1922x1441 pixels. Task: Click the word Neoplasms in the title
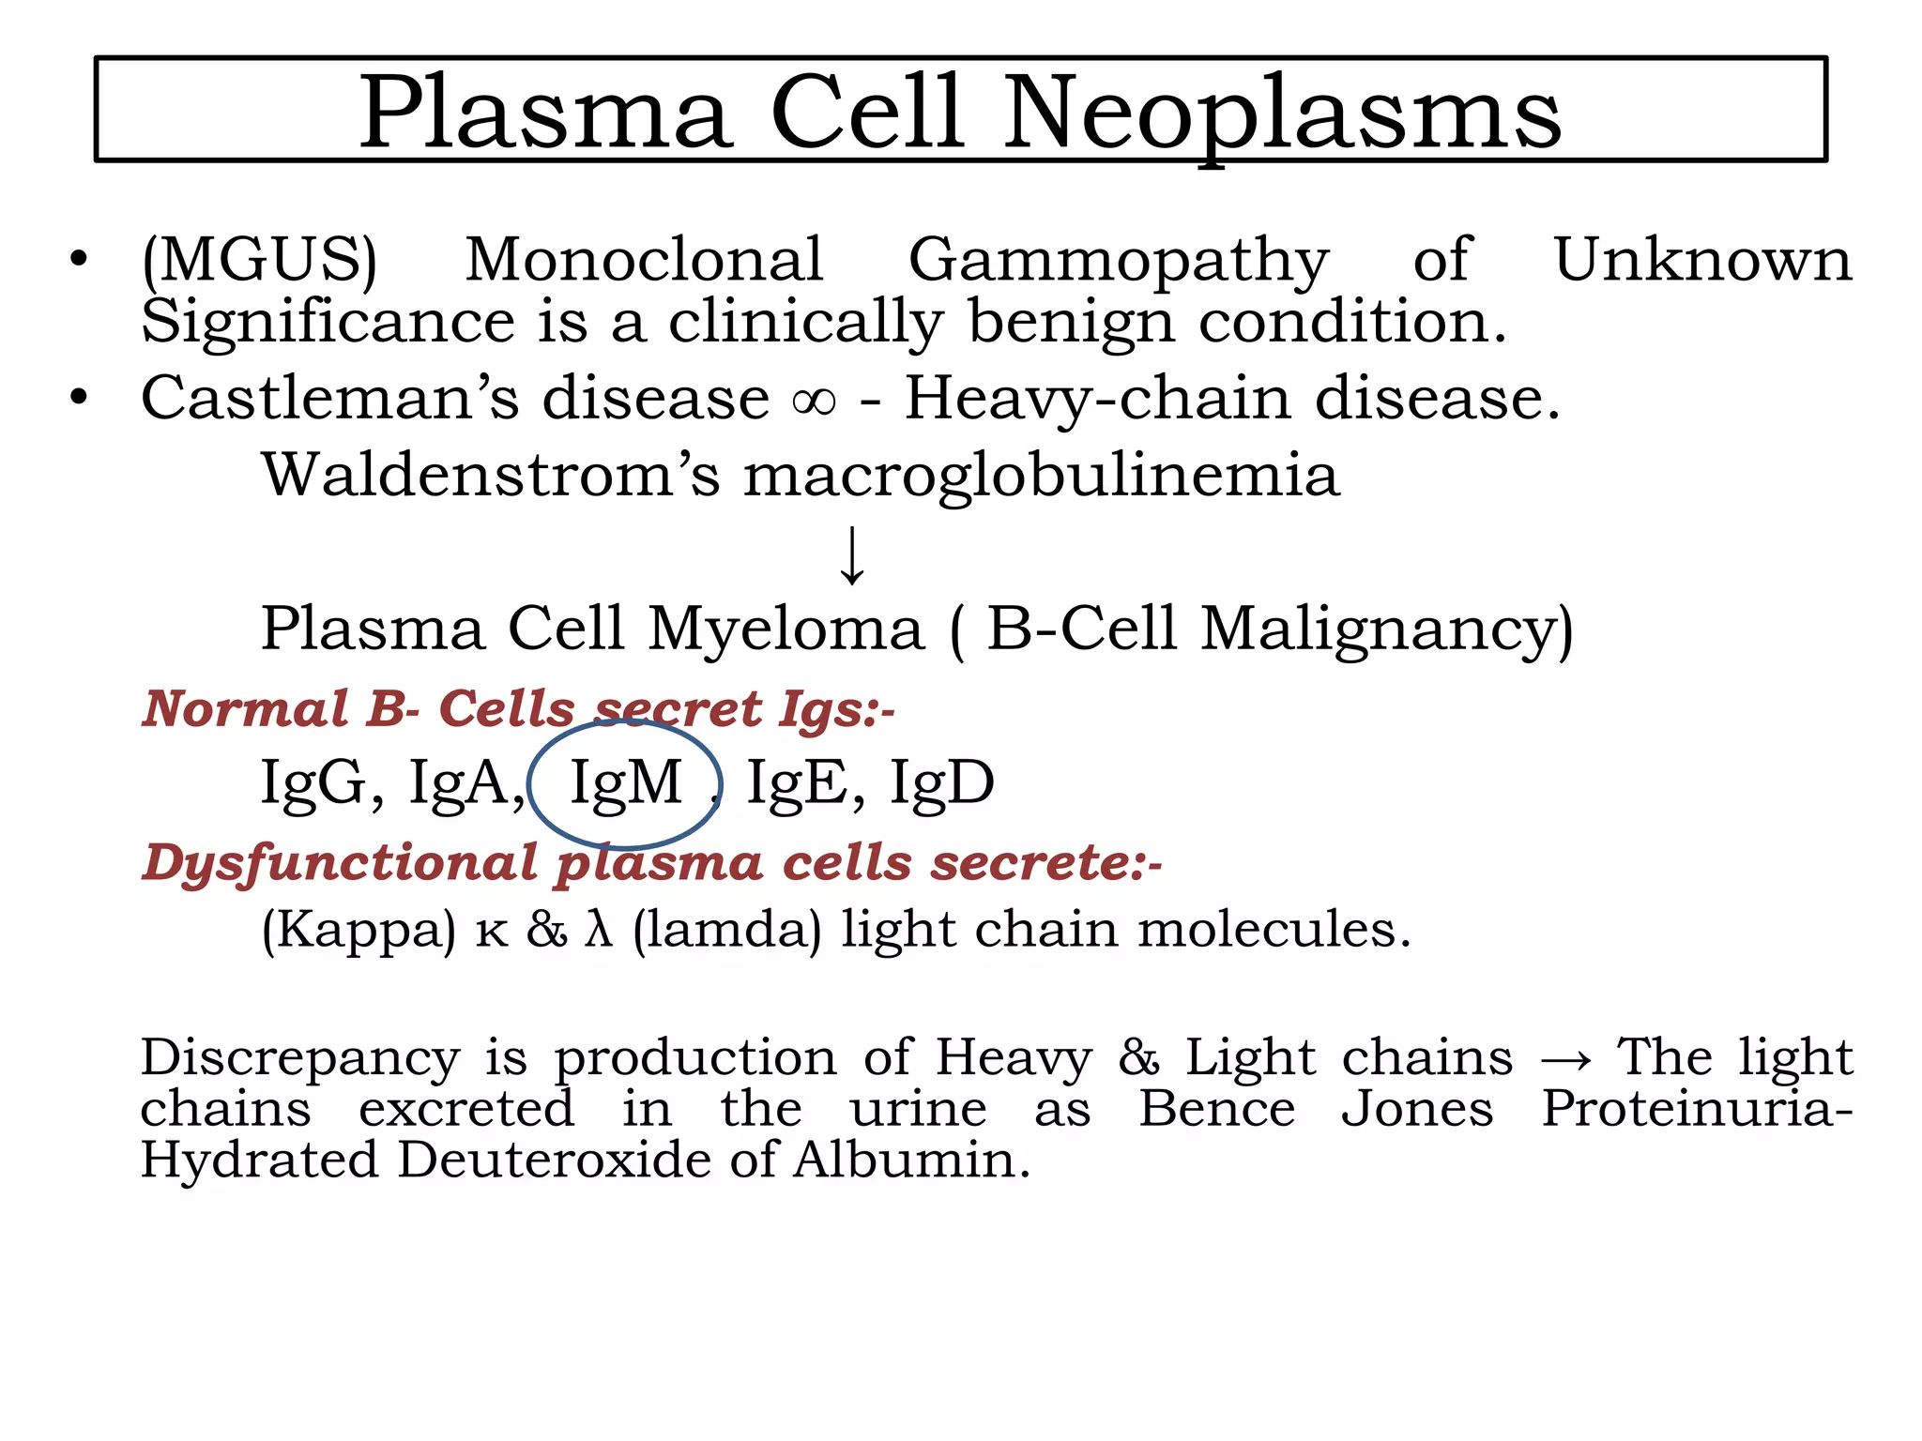pyautogui.click(x=1282, y=114)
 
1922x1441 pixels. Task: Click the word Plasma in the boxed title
pyautogui.click(x=544, y=114)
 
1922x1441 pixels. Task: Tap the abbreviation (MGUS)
pyautogui.click(x=259, y=260)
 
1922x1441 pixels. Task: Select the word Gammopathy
pyautogui.click(x=1119, y=262)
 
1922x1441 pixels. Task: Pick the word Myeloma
pyautogui.click(x=786, y=629)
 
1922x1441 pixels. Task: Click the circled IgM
pyautogui.click(x=625, y=782)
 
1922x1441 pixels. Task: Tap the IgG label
pyautogui.click(x=313, y=783)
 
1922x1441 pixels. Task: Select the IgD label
pyautogui.click(x=941, y=782)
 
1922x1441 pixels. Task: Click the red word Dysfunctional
pyautogui.click(x=340, y=864)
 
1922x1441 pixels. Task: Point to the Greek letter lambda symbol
pyautogui.click(x=599, y=930)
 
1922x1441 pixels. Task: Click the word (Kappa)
pyautogui.click(x=358, y=932)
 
